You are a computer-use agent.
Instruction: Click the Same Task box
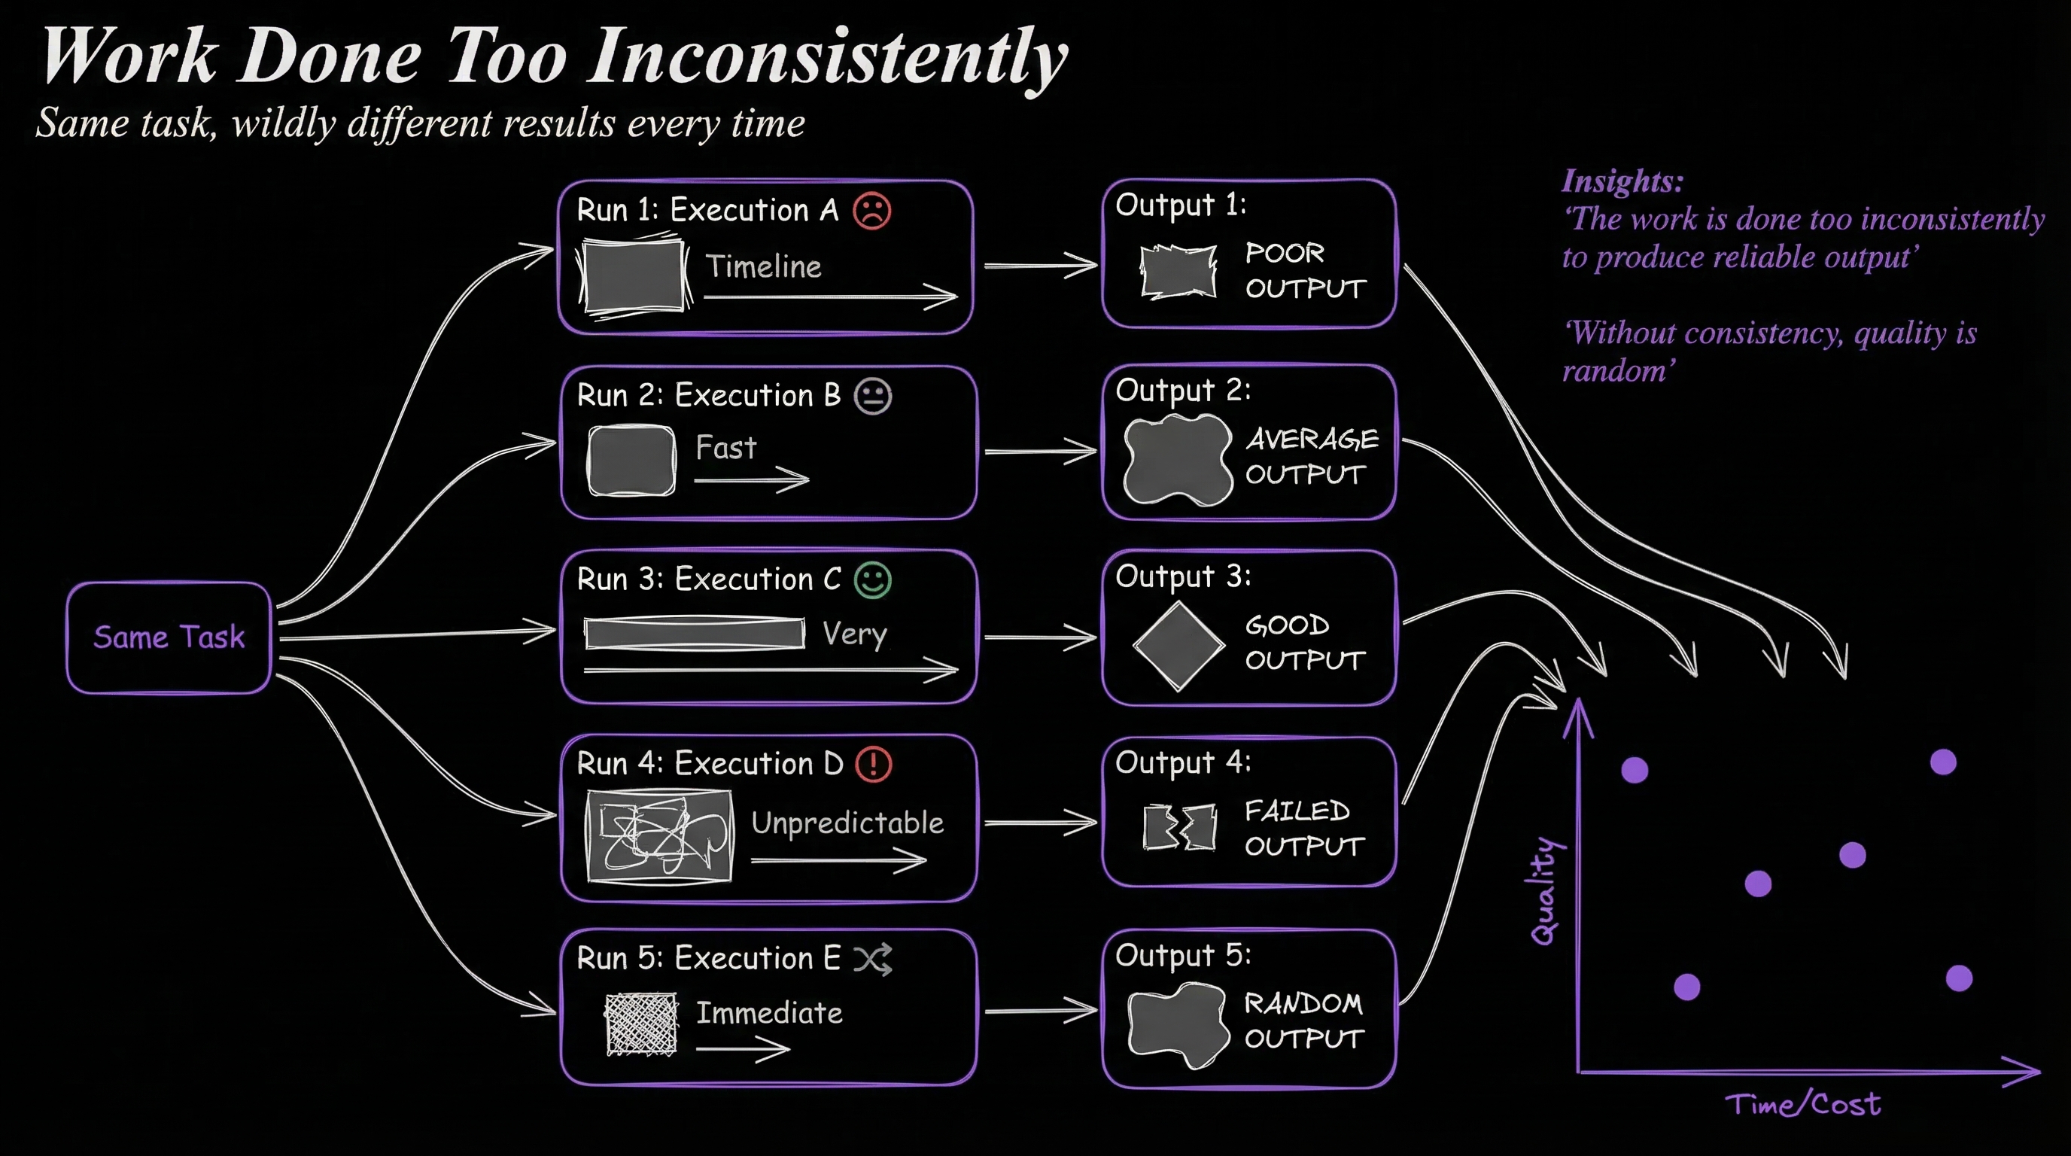(x=169, y=637)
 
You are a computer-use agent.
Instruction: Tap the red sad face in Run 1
(x=871, y=211)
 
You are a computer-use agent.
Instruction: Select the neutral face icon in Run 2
(x=872, y=397)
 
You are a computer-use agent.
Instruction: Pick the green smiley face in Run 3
(x=872, y=580)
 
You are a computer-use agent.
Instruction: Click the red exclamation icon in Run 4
(x=873, y=764)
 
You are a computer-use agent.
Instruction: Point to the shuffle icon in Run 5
(x=872, y=959)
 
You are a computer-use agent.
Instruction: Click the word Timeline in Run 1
(x=763, y=266)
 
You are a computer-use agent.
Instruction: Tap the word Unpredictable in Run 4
(x=847, y=823)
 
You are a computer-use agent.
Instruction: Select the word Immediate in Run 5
(x=769, y=1013)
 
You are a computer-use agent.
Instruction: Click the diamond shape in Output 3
(x=1178, y=646)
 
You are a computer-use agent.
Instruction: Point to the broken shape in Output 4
(x=1179, y=827)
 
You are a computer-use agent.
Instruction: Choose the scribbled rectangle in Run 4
(x=659, y=836)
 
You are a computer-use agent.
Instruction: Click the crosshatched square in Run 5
(x=640, y=1024)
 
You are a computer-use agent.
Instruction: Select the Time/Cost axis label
(x=1802, y=1104)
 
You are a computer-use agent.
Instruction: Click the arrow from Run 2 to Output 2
(x=1039, y=451)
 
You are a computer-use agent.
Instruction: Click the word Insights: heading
(x=1622, y=181)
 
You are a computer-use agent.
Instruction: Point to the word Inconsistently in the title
(x=827, y=56)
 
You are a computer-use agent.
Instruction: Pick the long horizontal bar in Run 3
(x=694, y=634)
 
